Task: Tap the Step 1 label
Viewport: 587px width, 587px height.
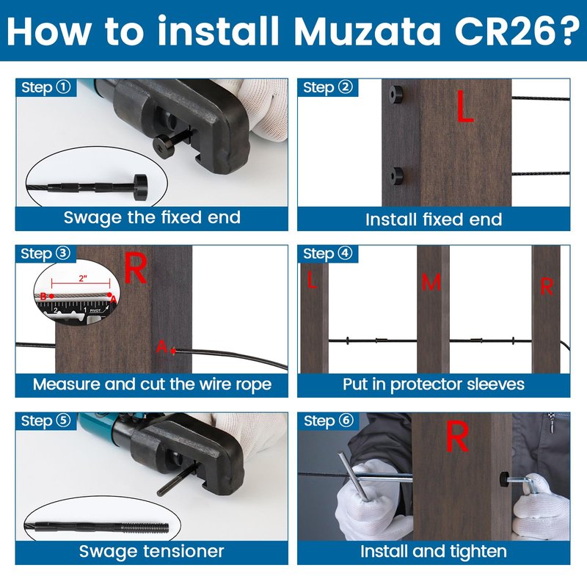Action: (45, 87)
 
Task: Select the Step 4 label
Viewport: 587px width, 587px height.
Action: (327, 254)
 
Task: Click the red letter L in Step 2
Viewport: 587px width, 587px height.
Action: (465, 106)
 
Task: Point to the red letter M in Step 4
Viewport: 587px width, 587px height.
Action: (431, 282)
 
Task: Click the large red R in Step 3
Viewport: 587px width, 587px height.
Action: (135, 268)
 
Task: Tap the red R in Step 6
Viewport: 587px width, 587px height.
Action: (457, 436)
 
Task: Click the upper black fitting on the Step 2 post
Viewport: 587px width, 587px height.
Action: (395, 94)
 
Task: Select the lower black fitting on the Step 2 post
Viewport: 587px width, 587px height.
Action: (396, 175)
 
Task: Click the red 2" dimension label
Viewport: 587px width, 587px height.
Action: (83, 278)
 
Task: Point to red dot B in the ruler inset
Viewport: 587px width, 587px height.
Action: (51, 296)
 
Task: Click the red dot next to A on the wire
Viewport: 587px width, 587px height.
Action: (172, 351)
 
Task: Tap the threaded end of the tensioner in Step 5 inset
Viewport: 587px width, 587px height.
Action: (146, 528)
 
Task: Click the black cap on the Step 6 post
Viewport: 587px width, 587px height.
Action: (504, 479)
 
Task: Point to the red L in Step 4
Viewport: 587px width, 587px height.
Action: (311, 280)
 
